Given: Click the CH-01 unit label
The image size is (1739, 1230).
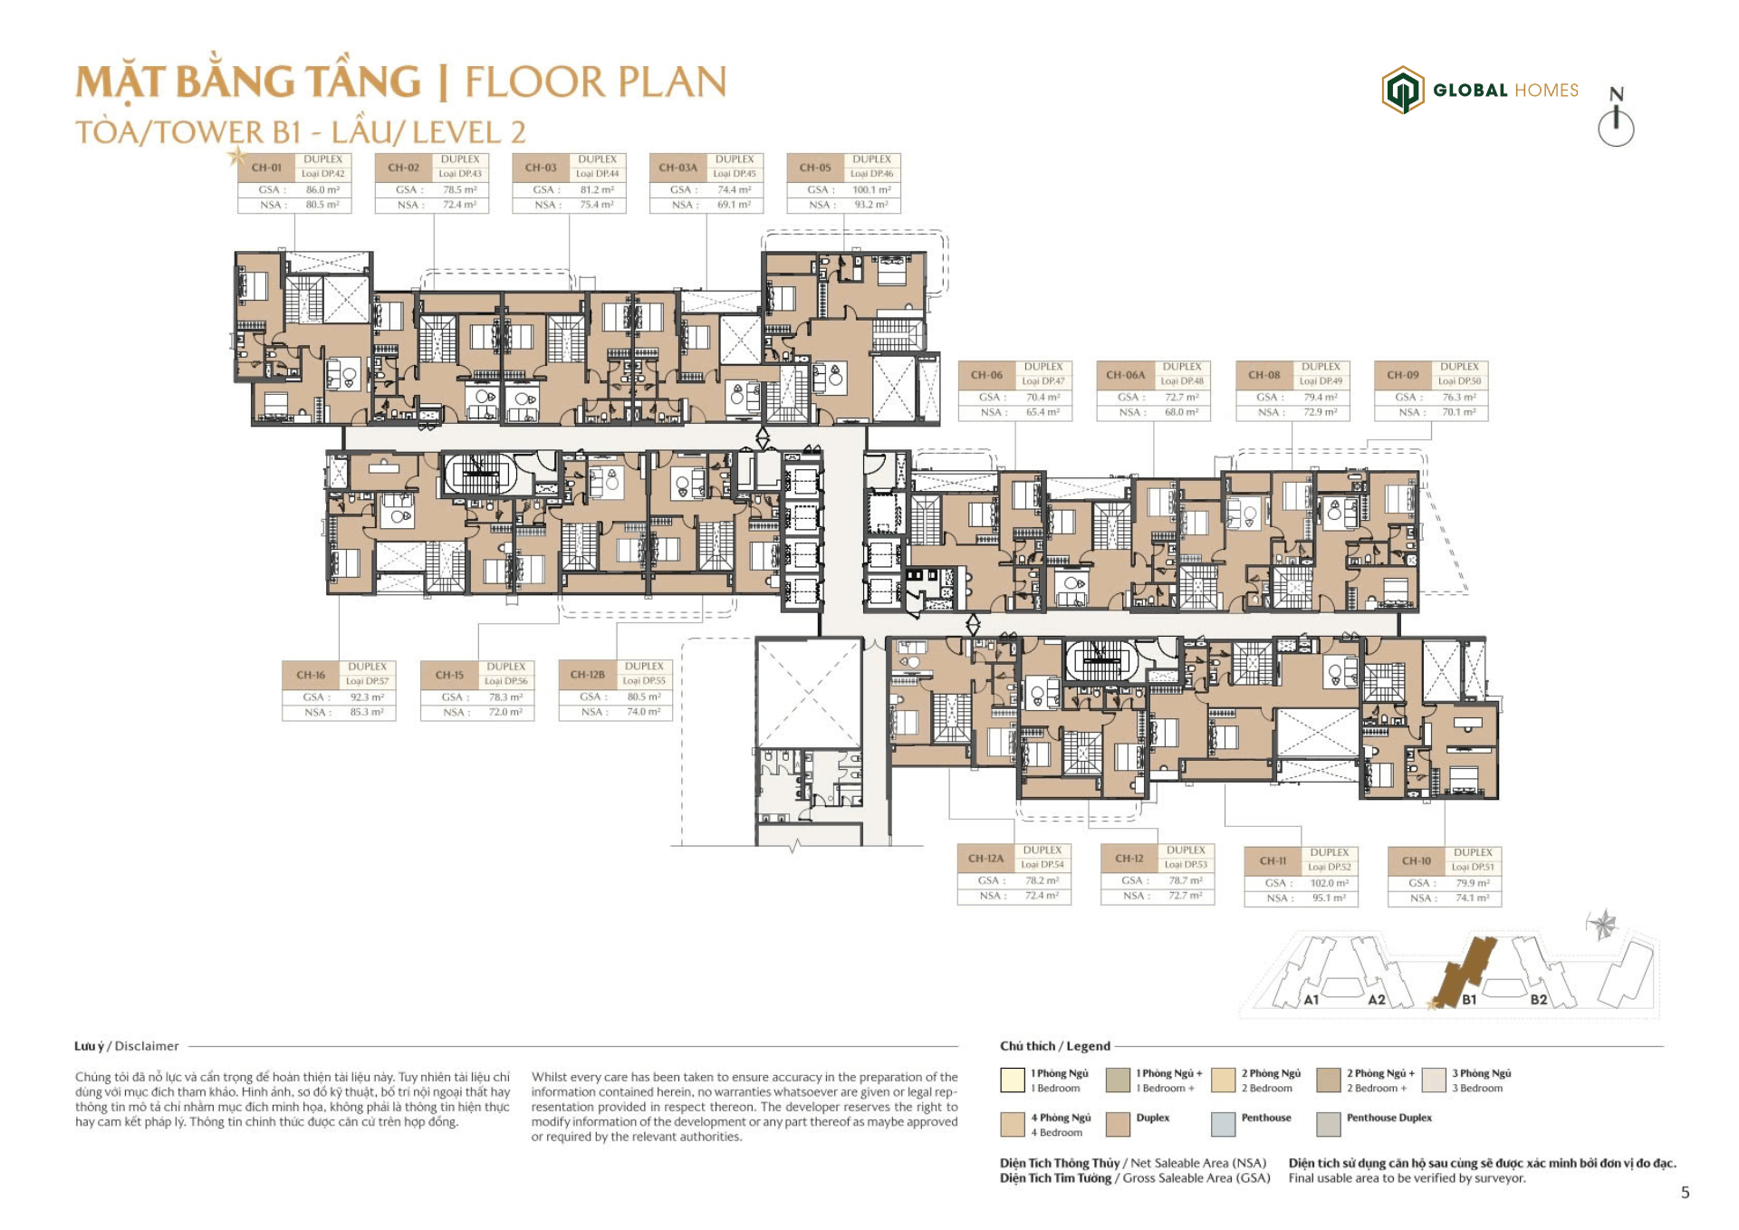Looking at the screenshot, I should click(x=266, y=168).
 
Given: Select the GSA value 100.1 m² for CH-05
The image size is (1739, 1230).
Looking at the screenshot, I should click(x=871, y=190).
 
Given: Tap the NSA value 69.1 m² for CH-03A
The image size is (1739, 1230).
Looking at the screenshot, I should click(x=734, y=205).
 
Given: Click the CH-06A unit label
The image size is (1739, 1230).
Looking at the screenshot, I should click(x=1125, y=375).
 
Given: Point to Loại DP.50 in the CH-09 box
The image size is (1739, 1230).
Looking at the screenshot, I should click(x=1459, y=381).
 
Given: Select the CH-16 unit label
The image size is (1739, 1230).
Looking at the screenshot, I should click(x=310, y=675).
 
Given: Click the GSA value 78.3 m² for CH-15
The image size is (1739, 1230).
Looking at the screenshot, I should click(x=505, y=697).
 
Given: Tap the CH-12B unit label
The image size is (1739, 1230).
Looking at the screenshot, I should click(x=587, y=675).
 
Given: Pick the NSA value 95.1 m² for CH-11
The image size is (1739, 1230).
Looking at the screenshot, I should click(x=1329, y=898).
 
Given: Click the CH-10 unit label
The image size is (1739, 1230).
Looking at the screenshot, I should click(x=1417, y=861).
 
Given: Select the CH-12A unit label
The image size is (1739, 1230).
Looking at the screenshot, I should click(x=985, y=859).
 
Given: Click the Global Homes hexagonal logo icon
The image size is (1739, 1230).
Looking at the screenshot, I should click(x=1402, y=90).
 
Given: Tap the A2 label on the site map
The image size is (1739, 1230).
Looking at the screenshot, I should click(x=1376, y=1000).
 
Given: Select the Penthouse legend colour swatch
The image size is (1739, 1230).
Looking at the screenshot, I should click(x=1223, y=1124).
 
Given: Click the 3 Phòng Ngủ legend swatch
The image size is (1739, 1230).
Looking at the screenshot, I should click(x=1434, y=1080).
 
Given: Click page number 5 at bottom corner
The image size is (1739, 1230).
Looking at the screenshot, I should click(x=1685, y=1193).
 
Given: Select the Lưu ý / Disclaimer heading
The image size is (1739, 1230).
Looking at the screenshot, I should click(x=127, y=1046).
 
